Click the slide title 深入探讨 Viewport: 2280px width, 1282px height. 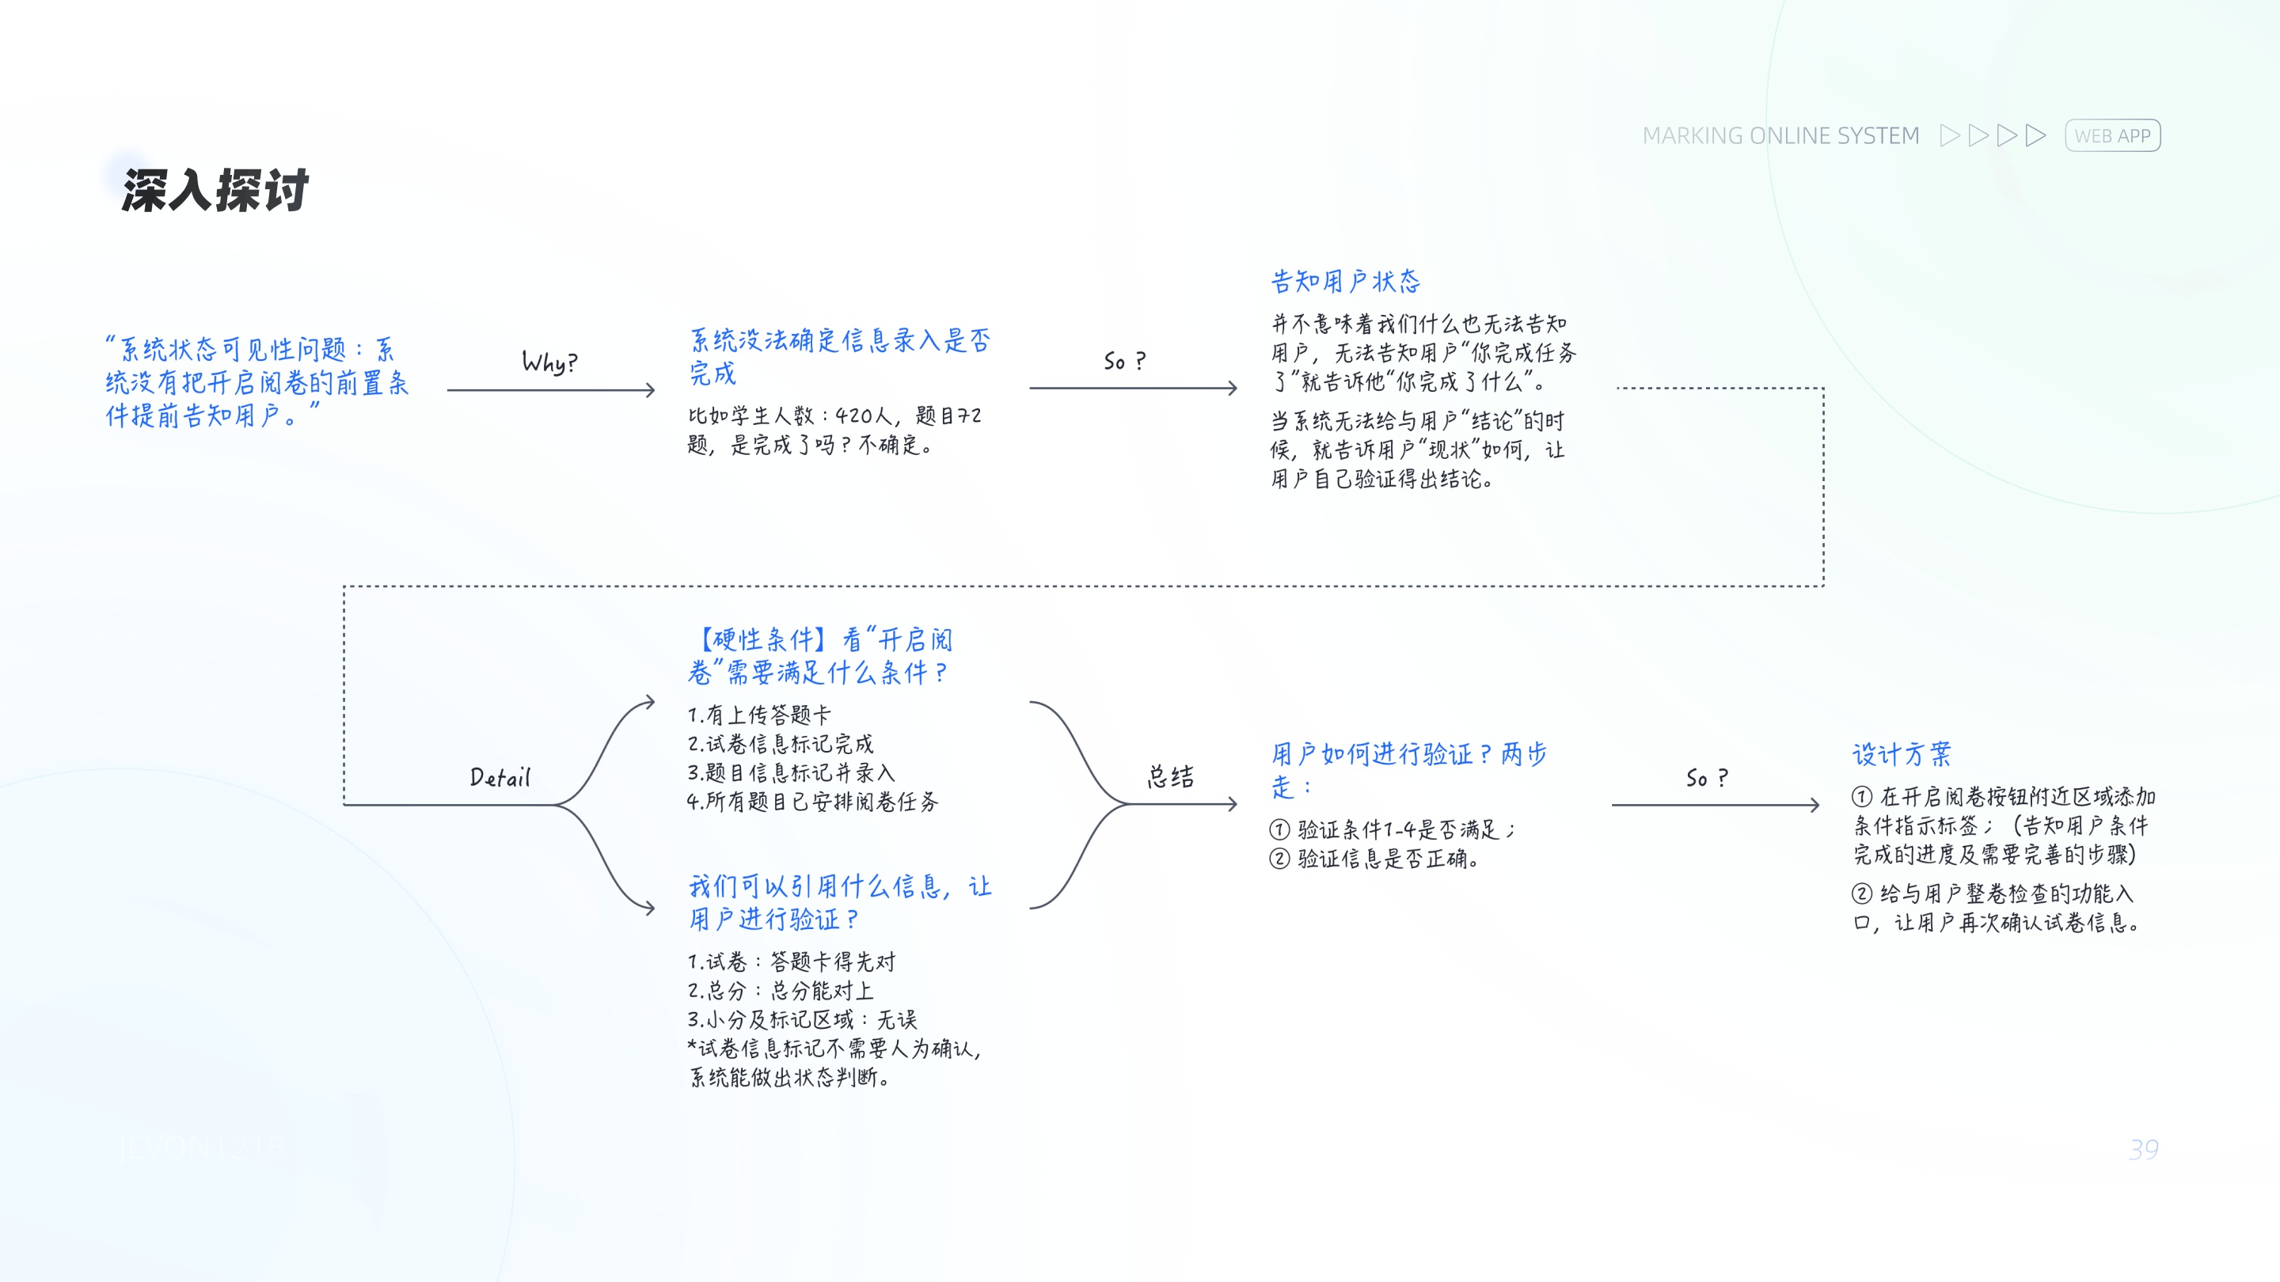click(x=215, y=190)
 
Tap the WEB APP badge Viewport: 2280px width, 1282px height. click(x=2112, y=135)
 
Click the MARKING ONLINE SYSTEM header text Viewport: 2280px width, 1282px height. click(x=1780, y=135)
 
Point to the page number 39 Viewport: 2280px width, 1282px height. click(x=2143, y=1149)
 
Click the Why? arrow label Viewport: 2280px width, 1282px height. click(x=549, y=362)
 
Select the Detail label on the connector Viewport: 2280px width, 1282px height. click(x=500, y=778)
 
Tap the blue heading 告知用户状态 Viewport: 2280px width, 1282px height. click(x=1345, y=282)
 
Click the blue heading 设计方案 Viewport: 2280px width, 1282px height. click(x=1901, y=754)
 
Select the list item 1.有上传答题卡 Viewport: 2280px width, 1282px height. click(x=759, y=715)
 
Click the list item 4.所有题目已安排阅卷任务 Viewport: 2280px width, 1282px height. click(x=811, y=802)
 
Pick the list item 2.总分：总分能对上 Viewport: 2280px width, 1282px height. click(x=781, y=990)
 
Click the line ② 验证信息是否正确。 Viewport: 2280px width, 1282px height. click(x=1374, y=858)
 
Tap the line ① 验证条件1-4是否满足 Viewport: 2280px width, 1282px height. click(x=1392, y=829)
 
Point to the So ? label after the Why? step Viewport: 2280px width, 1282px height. click(x=1124, y=361)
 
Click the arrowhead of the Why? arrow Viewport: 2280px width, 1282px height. click(x=650, y=389)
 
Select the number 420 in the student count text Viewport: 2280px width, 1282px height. click(x=853, y=415)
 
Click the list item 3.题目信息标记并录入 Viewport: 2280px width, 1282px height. click(x=790, y=772)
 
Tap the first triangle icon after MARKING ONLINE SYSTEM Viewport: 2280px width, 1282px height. click(x=1949, y=135)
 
